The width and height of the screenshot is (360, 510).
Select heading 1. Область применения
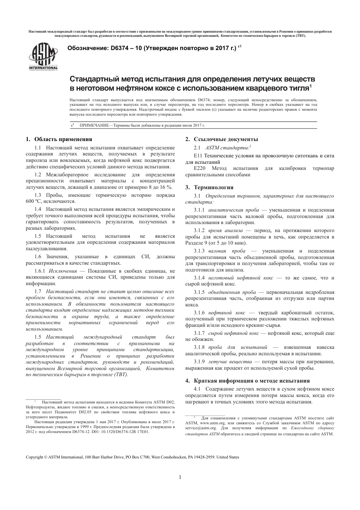pyautogui.click(x=59, y=139)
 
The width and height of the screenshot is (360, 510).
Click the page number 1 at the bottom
pyautogui.click(x=180, y=477)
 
